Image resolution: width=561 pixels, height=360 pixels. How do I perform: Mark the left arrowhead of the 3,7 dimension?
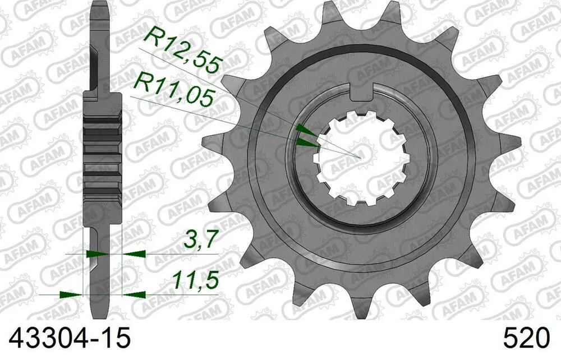[x=97, y=254]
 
